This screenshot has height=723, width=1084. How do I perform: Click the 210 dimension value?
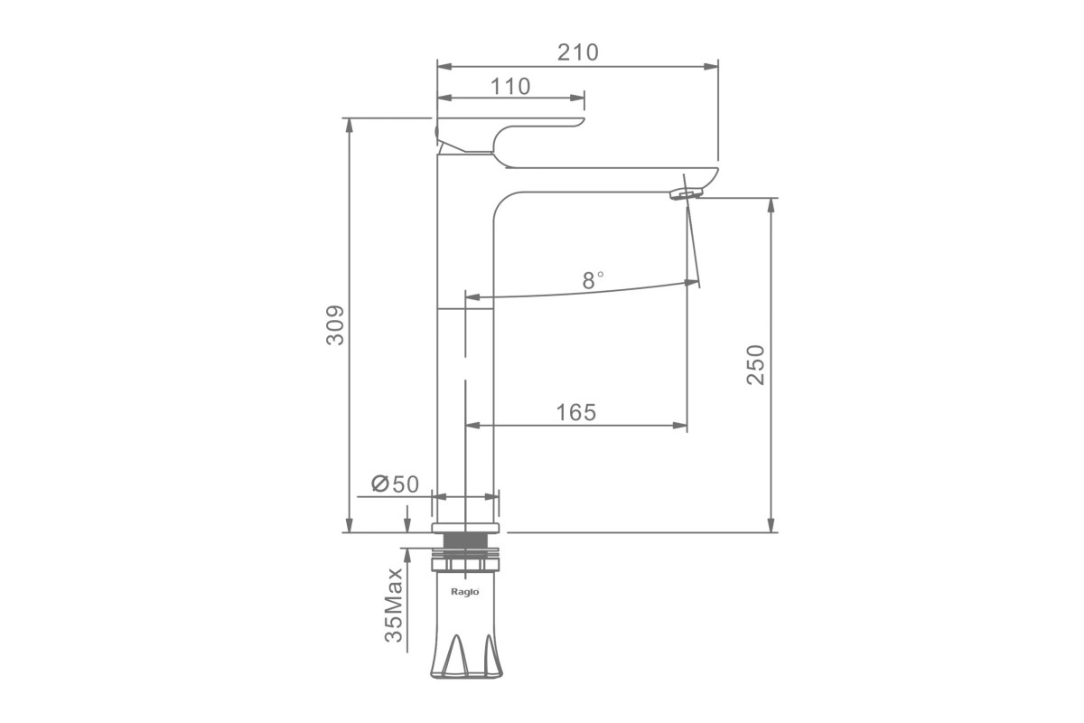578,52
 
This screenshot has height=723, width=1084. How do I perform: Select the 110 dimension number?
510,87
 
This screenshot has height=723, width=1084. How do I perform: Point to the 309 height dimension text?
335,325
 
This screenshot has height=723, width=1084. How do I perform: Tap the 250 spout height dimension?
755,364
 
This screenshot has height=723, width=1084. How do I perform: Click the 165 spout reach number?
576,413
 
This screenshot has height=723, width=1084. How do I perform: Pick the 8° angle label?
593,280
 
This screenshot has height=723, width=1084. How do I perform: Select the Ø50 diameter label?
395,484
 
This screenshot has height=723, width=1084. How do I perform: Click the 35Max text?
394,606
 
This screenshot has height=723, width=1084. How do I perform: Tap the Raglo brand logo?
465,591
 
